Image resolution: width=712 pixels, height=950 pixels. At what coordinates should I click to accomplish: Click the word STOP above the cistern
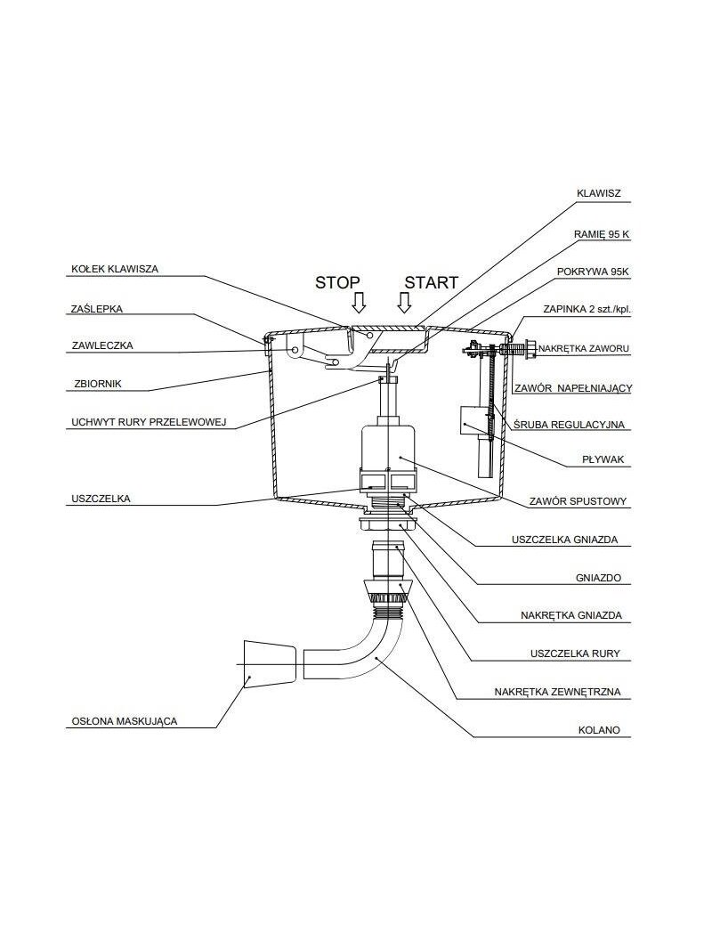pos(337,282)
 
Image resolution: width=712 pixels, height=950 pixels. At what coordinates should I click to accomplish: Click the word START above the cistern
pos(431,282)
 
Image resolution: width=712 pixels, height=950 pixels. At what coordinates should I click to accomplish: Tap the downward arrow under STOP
pos(359,303)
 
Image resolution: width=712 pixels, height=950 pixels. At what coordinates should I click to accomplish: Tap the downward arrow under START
pos(404,303)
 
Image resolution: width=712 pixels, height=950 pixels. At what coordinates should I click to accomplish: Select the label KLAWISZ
pos(599,194)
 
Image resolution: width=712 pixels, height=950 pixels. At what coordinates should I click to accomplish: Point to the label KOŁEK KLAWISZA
pos(115,269)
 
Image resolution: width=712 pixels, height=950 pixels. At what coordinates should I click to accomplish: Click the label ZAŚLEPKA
pos(97,309)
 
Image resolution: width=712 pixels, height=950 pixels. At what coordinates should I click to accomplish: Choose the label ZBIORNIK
pos(98,384)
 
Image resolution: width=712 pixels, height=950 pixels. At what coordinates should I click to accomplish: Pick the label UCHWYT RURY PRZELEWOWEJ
pos(149,422)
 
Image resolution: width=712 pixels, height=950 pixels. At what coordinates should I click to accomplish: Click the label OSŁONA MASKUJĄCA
pos(124,721)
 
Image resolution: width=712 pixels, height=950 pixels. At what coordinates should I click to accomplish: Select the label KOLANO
pos(599,730)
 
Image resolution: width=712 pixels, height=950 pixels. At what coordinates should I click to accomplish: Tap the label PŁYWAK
pos(603,459)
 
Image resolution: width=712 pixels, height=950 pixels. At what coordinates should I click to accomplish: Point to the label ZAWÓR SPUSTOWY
pos(578,501)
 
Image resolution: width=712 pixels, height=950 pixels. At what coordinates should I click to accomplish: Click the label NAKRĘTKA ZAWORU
pos(584,349)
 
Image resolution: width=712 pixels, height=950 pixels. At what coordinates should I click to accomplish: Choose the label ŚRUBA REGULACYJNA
pos(569,425)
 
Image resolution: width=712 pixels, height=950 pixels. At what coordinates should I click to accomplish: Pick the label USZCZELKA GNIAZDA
pos(564,540)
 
